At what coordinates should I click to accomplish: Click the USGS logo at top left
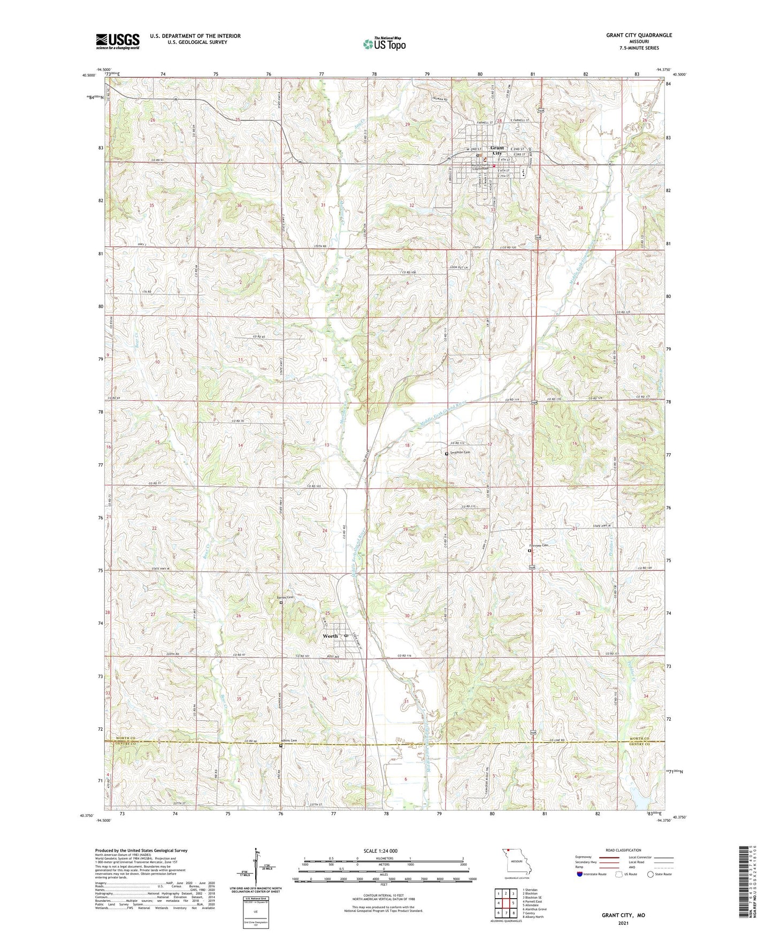(118, 41)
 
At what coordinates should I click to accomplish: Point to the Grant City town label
(497, 150)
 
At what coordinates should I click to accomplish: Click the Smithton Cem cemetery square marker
(447, 454)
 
